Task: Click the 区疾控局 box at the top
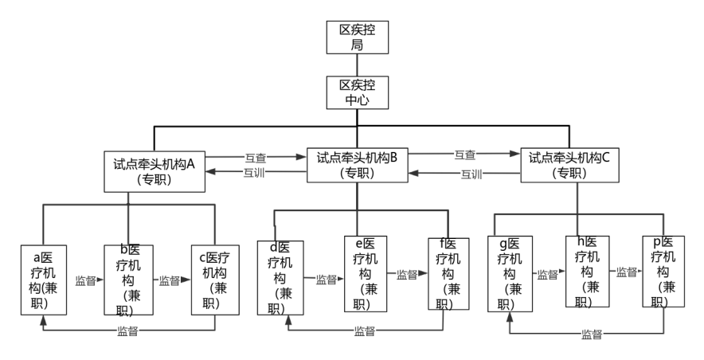[357, 36]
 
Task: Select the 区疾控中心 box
[357, 92]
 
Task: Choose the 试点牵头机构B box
[357, 166]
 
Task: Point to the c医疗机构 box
[214, 279]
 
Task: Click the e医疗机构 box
[366, 274]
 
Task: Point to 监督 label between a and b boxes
[85, 280]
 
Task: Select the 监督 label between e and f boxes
[407, 275]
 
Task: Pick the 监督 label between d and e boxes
[326, 280]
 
